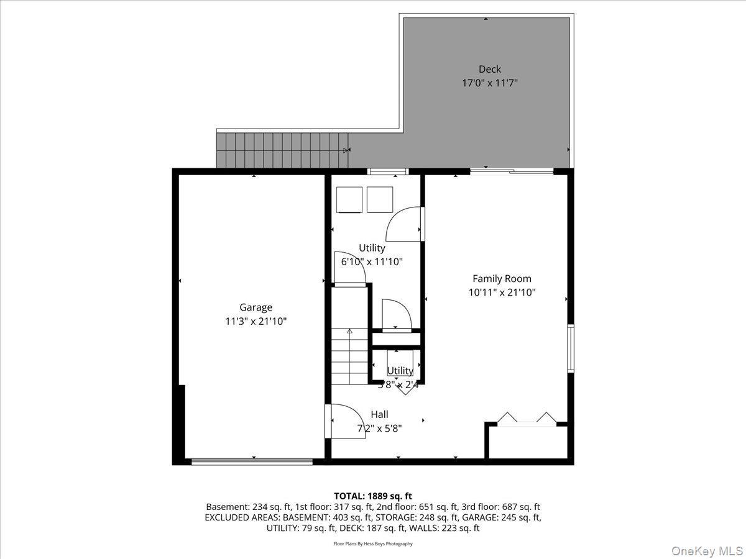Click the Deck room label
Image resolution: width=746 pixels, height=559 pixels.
pyautogui.click(x=489, y=69)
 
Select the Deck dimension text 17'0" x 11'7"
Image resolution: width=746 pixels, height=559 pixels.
pyautogui.click(x=489, y=82)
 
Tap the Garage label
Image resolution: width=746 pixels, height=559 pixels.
pyautogui.click(x=256, y=307)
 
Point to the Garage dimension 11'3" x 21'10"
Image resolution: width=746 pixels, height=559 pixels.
pyautogui.click(x=256, y=321)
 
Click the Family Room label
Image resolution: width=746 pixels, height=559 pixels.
pyautogui.click(x=502, y=279)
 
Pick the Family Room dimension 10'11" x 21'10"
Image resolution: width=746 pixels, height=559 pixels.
pyautogui.click(x=502, y=292)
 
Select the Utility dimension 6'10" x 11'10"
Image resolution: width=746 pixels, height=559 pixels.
pyautogui.click(x=372, y=261)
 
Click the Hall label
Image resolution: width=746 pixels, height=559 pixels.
pyautogui.click(x=379, y=414)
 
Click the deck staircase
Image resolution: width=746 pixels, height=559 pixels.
pyautogui.click(x=281, y=150)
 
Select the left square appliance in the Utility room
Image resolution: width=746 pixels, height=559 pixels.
pyautogui.click(x=349, y=199)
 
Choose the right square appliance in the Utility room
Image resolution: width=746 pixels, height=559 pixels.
pyautogui.click(x=380, y=199)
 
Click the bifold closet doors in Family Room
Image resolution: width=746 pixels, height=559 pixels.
pyautogui.click(x=527, y=417)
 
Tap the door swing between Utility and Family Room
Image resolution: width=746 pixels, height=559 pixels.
pyautogui.click(x=403, y=224)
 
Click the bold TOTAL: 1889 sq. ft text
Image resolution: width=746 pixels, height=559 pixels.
pyautogui.click(x=373, y=496)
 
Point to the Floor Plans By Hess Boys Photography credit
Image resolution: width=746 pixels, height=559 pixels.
pyautogui.click(x=373, y=544)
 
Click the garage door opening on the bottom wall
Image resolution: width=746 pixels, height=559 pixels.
pyautogui.click(x=252, y=461)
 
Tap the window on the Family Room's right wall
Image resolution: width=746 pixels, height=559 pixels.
pyautogui.click(x=571, y=348)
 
